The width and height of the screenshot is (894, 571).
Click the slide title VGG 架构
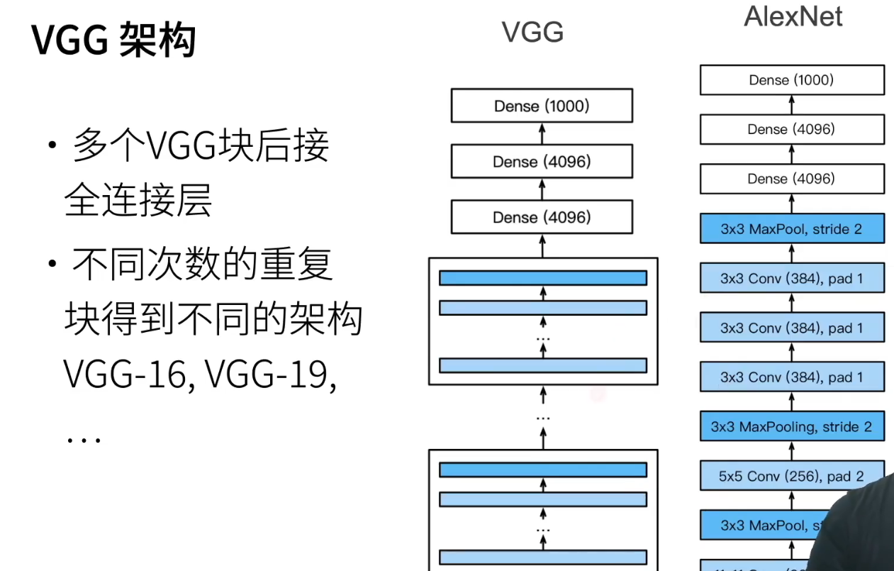click(x=114, y=40)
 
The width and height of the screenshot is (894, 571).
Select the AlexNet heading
click(x=793, y=16)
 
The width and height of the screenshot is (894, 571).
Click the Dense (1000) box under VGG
click(x=542, y=106)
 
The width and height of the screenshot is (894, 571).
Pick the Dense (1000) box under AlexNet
click(x=791, y=80)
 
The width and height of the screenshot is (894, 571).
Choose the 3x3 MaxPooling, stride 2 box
click(x=791, y=427)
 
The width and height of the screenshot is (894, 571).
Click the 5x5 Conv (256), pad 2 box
click(x=791, y=476)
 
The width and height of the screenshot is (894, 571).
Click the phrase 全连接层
click(x=138, y=201)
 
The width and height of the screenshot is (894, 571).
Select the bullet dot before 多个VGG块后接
click(x=52, y=145)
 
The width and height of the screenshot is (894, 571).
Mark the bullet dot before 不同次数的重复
click(x=52, y=264)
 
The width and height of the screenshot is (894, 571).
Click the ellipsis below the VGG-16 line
click(x=84, y=438)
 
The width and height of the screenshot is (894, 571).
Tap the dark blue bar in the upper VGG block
click(x=542, y=278)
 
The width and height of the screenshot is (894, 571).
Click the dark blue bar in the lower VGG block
click(x=542, y=470)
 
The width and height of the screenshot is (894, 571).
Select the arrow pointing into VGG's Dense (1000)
click(x=542, y=133)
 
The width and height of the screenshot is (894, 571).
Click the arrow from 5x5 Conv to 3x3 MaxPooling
click(x=791, y=451)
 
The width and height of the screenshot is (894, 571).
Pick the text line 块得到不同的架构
click(x=213, y=319)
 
